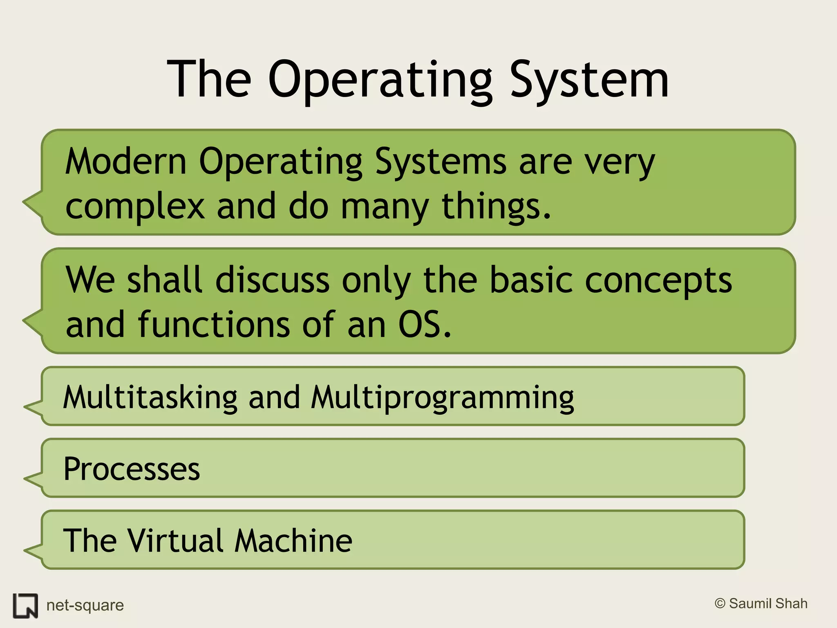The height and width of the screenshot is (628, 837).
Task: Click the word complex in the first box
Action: pos(135,206)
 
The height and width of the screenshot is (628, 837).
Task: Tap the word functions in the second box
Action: pos(214,325)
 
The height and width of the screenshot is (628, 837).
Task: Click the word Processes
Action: pos(132,469)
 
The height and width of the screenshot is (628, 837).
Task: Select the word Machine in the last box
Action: pos(293,541)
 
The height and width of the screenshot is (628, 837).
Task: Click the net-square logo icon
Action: pos(25,606)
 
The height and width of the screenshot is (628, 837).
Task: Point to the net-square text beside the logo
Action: pos(85,606)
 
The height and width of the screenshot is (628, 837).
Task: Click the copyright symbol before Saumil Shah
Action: pos(720,603)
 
